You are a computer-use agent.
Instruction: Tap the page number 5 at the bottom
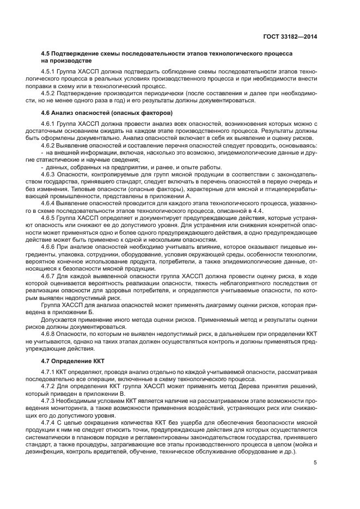coord(315,463)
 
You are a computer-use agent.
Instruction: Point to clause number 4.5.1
coord(49,72)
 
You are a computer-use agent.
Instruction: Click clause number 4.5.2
coord(49,93)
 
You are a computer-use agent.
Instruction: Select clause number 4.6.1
coord(49,125)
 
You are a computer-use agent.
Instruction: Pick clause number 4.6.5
coord(49,217)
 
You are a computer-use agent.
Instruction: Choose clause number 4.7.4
coord(49,422)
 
